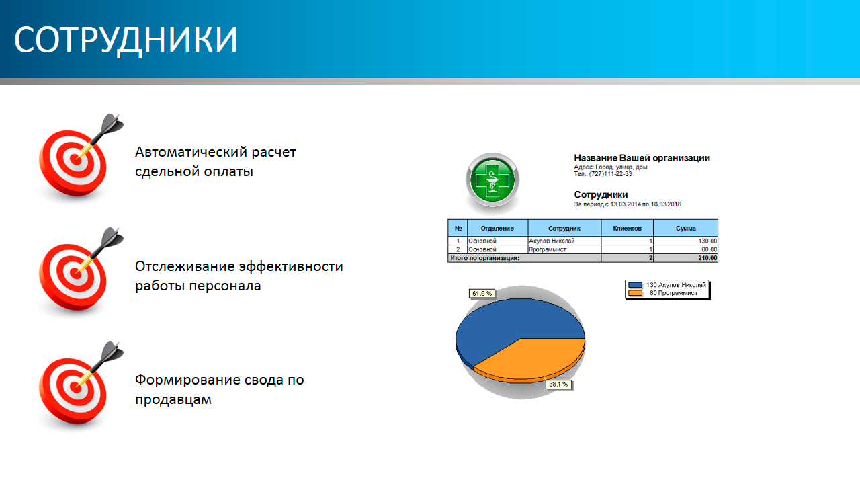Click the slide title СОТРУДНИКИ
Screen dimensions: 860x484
[126, 40]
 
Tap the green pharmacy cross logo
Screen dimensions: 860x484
[492, 180]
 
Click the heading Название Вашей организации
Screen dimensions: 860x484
[642, 158]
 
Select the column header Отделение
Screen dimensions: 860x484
[497, 228]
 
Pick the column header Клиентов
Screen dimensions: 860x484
[627, 228]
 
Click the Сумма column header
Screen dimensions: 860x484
[686, 228]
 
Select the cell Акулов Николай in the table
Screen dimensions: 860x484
[552, 241]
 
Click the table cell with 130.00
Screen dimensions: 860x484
[707, 241]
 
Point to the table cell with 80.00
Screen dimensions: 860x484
[709, 249]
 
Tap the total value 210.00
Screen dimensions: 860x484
[707, 258]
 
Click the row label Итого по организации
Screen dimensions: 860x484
[485, 258]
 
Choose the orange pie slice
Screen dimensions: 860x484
[537, 357]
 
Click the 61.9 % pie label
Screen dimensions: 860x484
[482, 294]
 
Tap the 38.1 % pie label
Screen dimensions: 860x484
[558, 384]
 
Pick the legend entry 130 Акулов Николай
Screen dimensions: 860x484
[667, 285]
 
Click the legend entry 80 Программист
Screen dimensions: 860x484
[663, 293]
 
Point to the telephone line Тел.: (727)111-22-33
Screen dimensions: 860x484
[603, 174]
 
